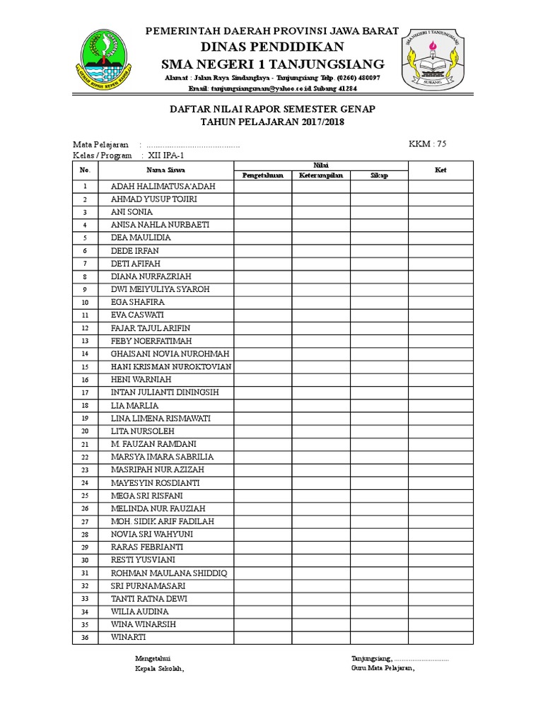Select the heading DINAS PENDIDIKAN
pyautogui.click(x=272, y=47)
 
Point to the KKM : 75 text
pyautogui.click(x=428, y=144)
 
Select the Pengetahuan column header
pyautogui.click(x=262, y=175)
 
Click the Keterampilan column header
pyautogui.click(x=320, y=175)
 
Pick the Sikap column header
pyautogui.click(x=378, y=175)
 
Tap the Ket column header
pyautogui.click(x=440, y=170)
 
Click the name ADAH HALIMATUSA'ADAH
pyautogui.click(x=163, y=187)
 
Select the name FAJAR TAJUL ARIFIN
pyautogui.click(x=151, y=328)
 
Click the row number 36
pyautogui.click(x=85, y=638)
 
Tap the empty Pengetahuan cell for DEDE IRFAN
pyautogui.click(x=262, y=251)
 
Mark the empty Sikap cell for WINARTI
pyautogui.click(x=378, y=638)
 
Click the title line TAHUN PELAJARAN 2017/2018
pyautogui.click(x=272, y=122)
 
